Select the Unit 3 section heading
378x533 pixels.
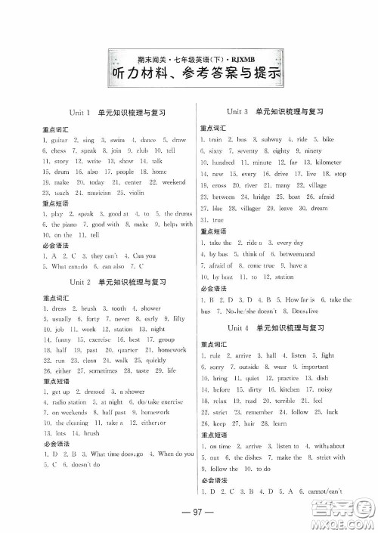[268, 111]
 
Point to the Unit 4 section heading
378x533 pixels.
[268, 328]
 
